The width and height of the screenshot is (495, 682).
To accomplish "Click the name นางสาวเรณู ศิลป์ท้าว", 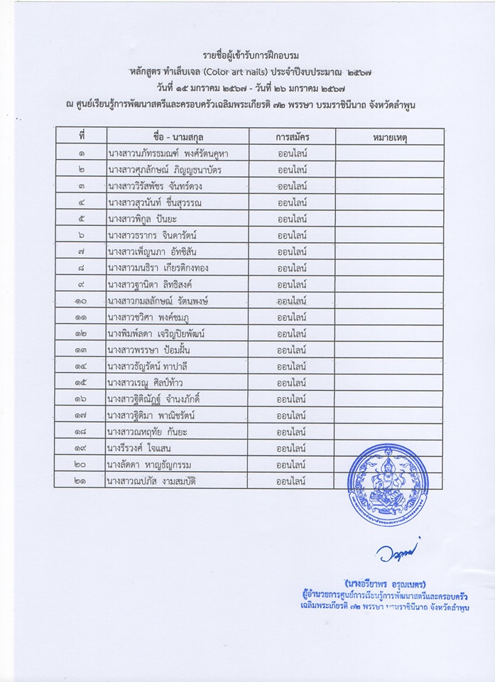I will [x=146, y=383].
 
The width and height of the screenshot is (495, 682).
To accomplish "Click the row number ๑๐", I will [x=81, y=301].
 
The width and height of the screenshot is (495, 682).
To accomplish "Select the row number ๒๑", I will [x=81, y=481].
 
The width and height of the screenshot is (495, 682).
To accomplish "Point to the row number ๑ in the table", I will [x=81, y=153].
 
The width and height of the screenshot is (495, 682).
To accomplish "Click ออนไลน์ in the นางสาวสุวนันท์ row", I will [x=292, y=202].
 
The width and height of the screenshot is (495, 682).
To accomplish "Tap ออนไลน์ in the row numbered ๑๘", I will [x=292, y=432].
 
